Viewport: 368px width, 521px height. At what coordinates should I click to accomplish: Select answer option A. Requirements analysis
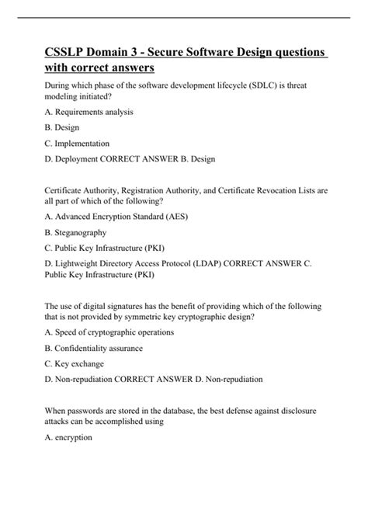(89, 112)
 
